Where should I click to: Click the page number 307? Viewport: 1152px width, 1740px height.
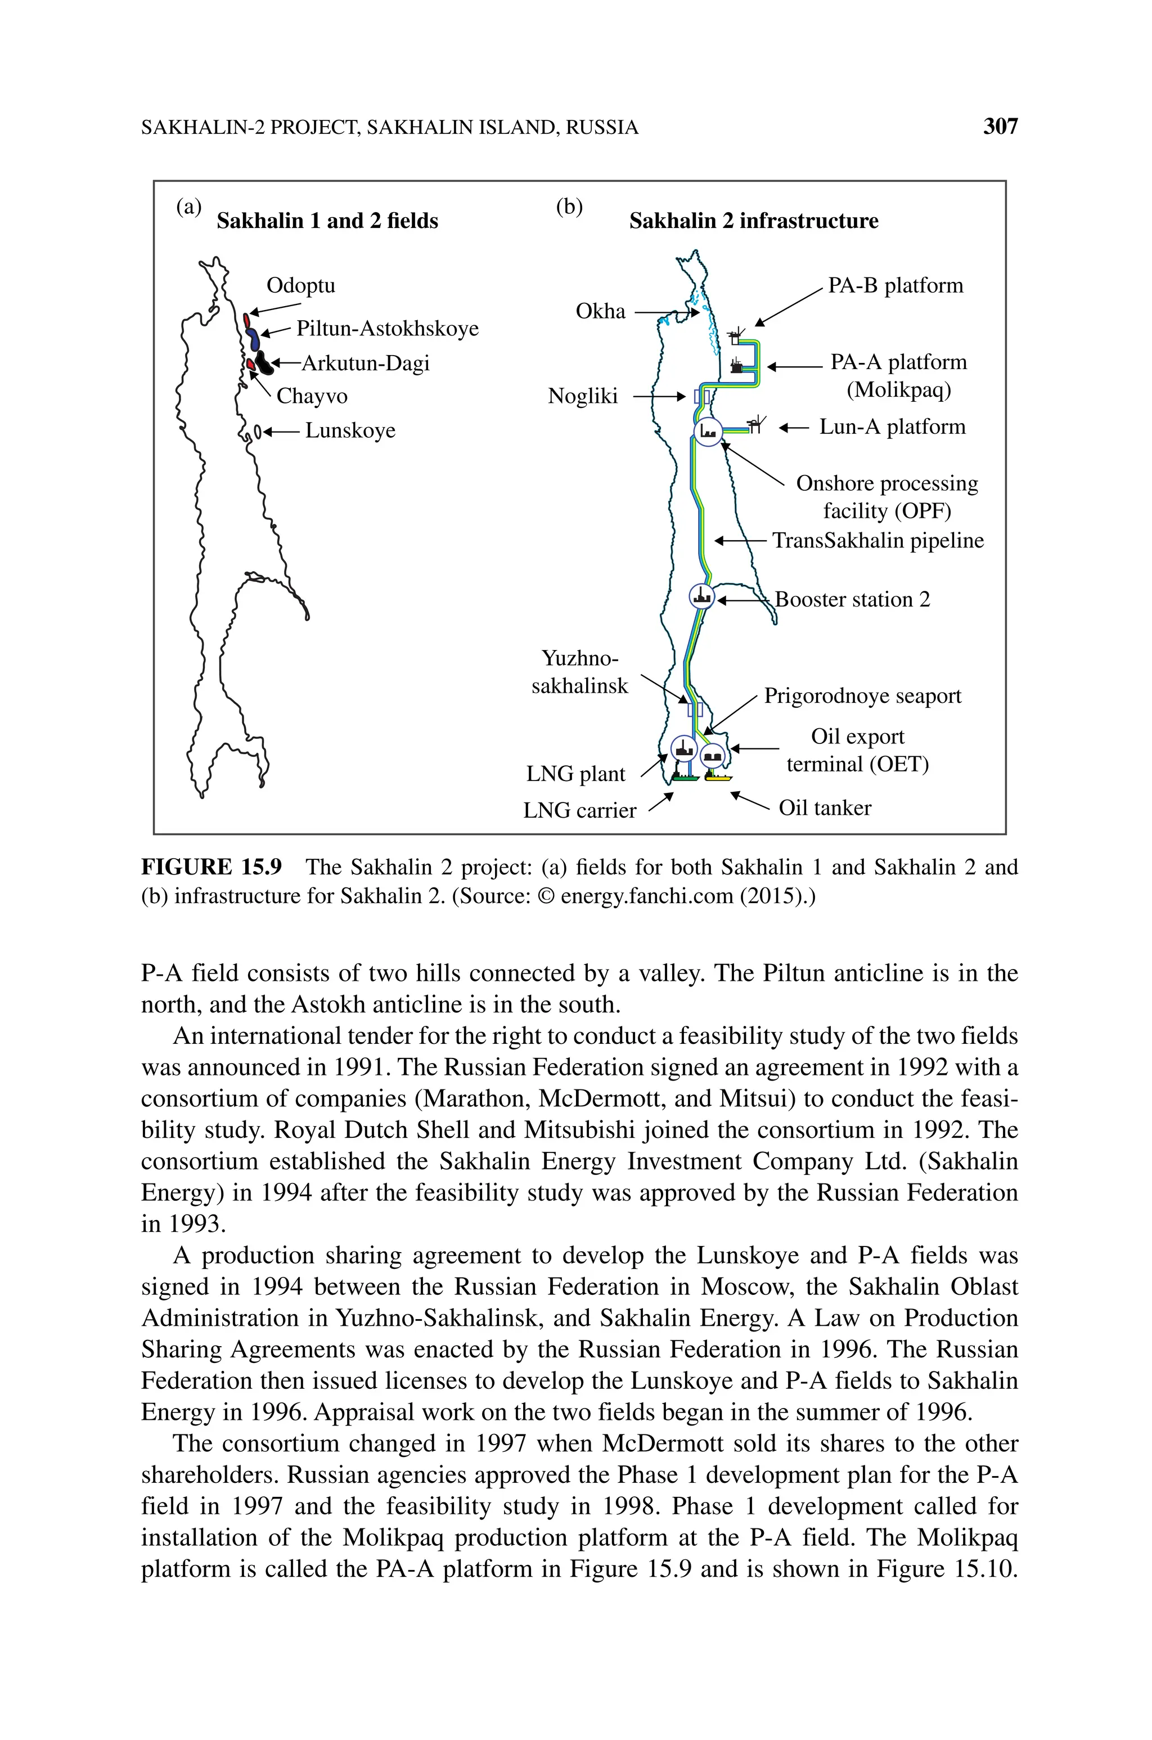coord(1000,127)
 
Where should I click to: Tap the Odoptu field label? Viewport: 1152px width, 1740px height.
coord(300,285)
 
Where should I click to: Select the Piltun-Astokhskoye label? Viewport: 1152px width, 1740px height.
coord(387,329)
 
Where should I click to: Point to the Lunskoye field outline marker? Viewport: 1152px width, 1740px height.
coord(257,431)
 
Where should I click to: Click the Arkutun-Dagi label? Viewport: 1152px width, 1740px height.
coord(365,363)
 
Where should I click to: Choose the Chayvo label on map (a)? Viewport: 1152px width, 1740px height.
coord(312,396)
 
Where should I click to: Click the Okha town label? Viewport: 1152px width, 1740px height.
coord(600,312)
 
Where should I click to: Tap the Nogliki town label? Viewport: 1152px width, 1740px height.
coord(583,397)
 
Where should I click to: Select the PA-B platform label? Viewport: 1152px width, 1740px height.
coord(895,286)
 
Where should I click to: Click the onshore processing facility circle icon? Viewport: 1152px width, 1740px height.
coord(708,431)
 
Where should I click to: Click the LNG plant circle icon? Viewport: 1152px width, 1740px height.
coord(684,750)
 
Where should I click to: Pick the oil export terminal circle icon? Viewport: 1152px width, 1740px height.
coord(713,755)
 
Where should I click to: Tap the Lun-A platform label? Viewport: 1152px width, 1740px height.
coord(892,427)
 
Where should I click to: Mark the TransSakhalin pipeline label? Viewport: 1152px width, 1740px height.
coord(878,541)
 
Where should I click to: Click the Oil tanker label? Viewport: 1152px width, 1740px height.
coord(824,808)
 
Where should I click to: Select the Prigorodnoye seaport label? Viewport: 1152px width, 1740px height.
coord(862,696)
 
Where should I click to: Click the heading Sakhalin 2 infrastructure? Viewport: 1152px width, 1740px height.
coord(753,221)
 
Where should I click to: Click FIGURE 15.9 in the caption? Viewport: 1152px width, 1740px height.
coord(211,868)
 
